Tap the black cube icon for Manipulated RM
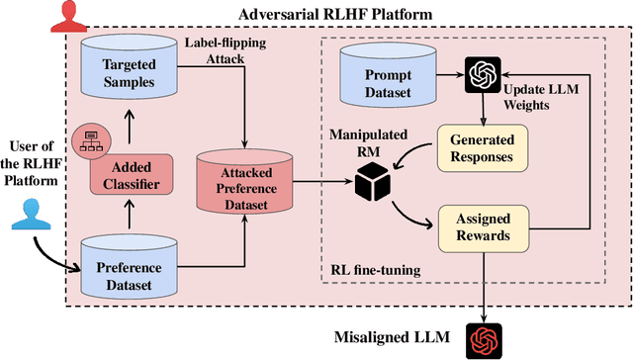[x=371, y=183]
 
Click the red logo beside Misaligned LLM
[x=485, y=338]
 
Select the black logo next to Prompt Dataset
[x=483, y=74]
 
